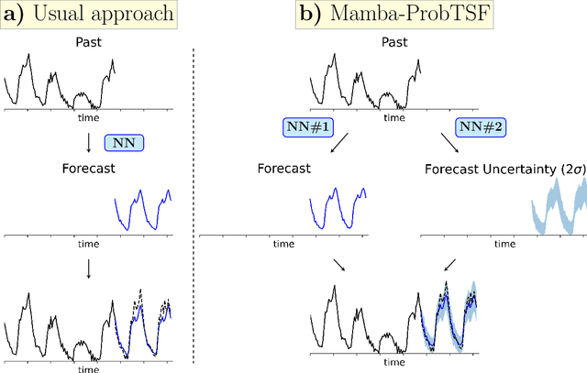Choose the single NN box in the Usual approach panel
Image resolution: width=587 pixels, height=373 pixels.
click(x=125, y=142)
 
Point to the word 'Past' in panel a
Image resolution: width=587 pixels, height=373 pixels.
click(x=88, y=42)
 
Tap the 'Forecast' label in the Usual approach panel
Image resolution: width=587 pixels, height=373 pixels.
click(x=88, y=170)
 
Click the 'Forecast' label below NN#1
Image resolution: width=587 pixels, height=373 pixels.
click(x=285, y=170)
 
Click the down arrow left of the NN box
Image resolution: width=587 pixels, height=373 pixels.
click(x=88, y=142)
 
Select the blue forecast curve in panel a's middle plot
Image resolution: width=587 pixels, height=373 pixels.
click(x=142, y=209)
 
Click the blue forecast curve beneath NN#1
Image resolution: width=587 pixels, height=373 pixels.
click(x=338, y=209)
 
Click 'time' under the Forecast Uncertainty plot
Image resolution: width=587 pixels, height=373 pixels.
click(x=504, y=245)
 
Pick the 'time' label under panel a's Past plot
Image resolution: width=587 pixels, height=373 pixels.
click(x=88, y=118)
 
